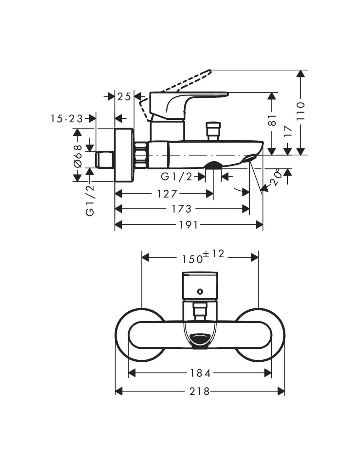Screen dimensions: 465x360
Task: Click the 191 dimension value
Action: [189, 225]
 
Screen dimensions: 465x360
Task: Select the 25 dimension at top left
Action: [124, 96]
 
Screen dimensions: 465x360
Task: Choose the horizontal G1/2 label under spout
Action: [176, 177]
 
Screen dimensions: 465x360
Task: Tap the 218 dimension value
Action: [200, 391]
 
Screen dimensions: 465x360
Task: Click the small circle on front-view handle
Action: [200, 290]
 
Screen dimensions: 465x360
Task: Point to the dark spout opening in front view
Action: [200, 338]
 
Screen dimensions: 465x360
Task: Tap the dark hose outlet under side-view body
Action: [213, 165]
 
